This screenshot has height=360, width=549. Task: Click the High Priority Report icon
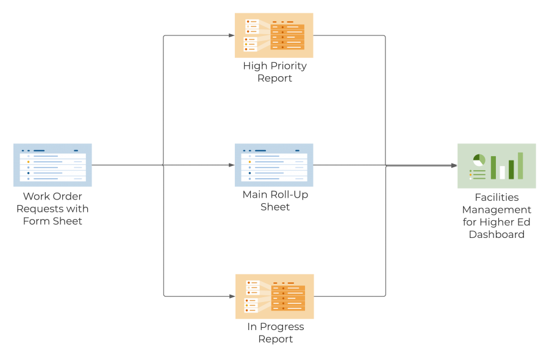click(x=274, y=35)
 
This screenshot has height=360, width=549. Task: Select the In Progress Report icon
click(x=274, y=296)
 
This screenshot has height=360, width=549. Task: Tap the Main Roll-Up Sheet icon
click(x=274, y=165)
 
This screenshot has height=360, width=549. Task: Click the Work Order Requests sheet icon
click(x=52, y=165)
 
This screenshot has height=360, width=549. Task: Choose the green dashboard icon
click(x=497, y=166)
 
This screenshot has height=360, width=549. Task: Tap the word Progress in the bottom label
click(x=282, y=326)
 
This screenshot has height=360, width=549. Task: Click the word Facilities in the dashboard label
click(x=497, y=198)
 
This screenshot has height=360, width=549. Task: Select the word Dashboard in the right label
click(x=497, y=234)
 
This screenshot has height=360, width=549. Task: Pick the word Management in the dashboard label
click(x=497, y=210)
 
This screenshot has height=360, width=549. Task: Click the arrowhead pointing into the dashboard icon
click(x=453, y=165)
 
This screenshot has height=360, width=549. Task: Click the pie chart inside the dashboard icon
click(x=479, y=160)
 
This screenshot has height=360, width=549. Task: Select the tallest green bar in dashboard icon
click(x=520, y=165)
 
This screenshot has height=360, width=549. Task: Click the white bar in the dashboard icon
click(x=502, y=172)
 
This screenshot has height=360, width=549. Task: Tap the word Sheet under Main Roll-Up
click(x=275, y=207)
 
